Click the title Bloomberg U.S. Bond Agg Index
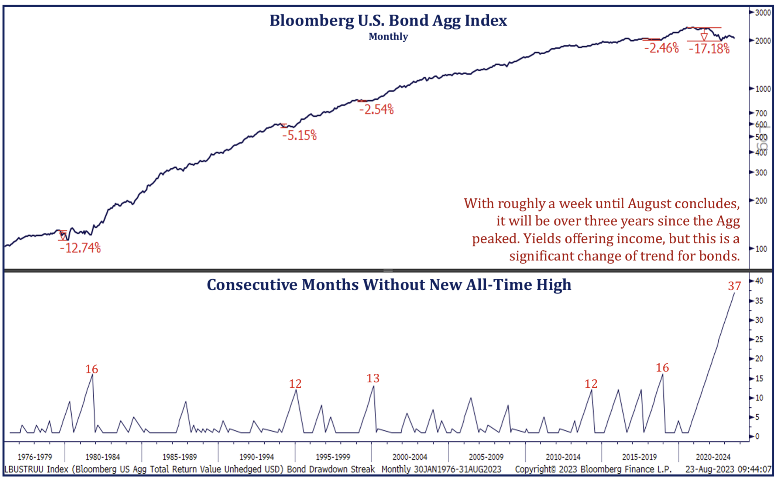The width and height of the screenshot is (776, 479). pos(388,20)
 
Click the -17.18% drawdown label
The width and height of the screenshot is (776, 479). pos(709,49)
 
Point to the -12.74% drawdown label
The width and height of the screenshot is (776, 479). pos(80,248)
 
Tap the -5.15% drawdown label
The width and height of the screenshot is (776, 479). pos(299,136)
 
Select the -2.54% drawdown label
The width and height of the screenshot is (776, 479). pos(376,110)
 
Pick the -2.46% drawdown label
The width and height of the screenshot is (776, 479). pos(661,48)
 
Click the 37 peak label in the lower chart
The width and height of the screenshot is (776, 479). pos(734,286)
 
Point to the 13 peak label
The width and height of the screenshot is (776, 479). pos(372,378)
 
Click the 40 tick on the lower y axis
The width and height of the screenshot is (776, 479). pos(759,281)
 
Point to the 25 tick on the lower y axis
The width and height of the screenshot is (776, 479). pos(759,339)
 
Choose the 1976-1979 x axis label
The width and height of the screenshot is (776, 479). pos(35,457)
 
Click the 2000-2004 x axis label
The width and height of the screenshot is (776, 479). pos(409,457)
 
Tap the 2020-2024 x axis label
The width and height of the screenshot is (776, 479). pos(713,457)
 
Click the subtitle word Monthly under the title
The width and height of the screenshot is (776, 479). pos(388,37)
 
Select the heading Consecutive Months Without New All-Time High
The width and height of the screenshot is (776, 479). pos(389,285)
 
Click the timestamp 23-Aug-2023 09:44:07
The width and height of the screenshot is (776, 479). pos(728,469)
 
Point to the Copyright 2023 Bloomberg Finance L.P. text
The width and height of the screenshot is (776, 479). pos(593,469)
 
